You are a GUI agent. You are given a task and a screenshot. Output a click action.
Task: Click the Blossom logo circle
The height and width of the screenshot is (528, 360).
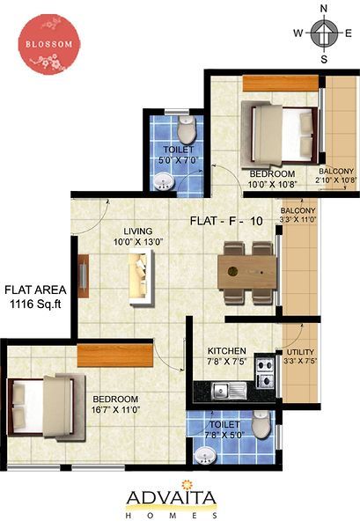click(49, 44)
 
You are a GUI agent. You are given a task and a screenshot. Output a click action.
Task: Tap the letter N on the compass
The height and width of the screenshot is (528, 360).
click(324, 9)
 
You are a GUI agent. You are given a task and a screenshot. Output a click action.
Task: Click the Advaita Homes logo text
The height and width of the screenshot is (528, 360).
click(172, 501)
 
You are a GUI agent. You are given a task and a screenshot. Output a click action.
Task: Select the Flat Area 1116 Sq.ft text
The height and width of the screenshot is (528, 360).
click(36, 297)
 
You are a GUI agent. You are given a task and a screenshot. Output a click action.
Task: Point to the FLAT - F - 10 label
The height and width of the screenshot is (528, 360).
click(226, 221)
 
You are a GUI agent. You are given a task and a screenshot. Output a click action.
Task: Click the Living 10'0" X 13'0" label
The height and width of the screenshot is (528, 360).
click(138, 237)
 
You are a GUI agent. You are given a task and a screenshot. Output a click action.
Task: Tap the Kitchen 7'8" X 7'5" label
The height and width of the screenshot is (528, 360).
click(227, 356)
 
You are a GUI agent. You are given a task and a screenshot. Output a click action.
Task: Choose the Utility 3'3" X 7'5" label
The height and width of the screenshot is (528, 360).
click(300, 356)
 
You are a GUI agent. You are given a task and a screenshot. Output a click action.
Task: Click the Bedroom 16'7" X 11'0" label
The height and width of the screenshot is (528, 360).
click(115, 405)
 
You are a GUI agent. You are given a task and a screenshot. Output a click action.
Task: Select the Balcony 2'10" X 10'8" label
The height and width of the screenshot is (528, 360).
click(336, 175)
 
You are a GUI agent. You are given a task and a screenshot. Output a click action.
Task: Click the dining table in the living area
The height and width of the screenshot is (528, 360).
click(247, 272)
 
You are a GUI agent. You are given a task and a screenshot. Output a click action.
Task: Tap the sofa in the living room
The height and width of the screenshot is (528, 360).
click(142, 277)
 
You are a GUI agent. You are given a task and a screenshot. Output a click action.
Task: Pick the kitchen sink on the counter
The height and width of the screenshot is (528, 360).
click(229, 392)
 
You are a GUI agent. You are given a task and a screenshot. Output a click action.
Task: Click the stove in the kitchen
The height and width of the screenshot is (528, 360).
click(264, 372)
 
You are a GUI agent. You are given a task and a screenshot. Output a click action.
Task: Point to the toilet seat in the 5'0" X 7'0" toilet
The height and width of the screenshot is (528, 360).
click(187, 129)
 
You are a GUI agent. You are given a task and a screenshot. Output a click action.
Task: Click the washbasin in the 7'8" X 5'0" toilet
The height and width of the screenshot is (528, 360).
click(205, 455)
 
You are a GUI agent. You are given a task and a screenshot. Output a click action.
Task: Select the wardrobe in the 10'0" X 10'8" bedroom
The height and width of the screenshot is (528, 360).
click(281, 84)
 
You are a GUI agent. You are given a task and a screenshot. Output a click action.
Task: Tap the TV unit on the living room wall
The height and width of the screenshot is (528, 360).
click(84, 276)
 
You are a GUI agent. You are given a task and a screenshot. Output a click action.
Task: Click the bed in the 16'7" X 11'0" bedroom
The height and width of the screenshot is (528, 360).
click(47, 407)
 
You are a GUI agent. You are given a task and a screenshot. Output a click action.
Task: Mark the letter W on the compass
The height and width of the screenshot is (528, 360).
click(298, 33)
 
